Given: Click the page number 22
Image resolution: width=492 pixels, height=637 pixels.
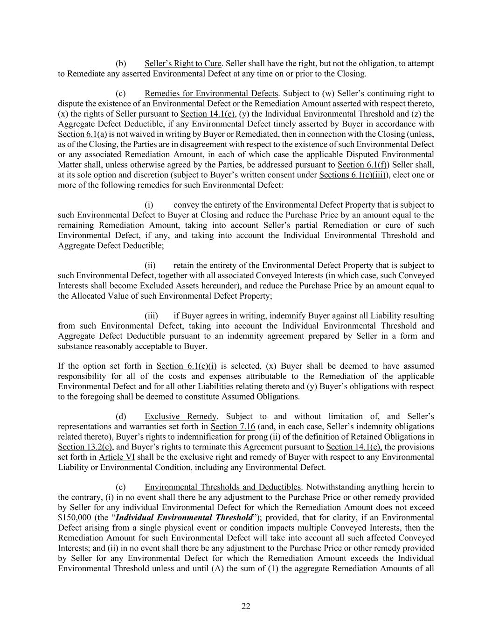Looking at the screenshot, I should (246, 606).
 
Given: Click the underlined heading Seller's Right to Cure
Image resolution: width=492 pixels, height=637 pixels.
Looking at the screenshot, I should (183, 63).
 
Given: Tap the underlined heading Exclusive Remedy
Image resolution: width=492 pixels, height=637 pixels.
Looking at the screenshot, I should (180, 416).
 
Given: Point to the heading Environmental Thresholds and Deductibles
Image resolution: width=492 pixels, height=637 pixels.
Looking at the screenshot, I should (222, 487).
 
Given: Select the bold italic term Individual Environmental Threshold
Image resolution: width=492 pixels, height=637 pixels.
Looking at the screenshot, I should (184, 518).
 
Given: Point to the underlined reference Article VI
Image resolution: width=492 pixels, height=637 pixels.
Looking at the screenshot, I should (117, 457).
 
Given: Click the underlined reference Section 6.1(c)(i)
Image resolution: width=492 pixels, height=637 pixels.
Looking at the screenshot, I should (187, 366).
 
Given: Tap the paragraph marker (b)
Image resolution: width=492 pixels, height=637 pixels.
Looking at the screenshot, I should (121, 63).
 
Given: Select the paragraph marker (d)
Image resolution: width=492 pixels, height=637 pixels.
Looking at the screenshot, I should (121, 416).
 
